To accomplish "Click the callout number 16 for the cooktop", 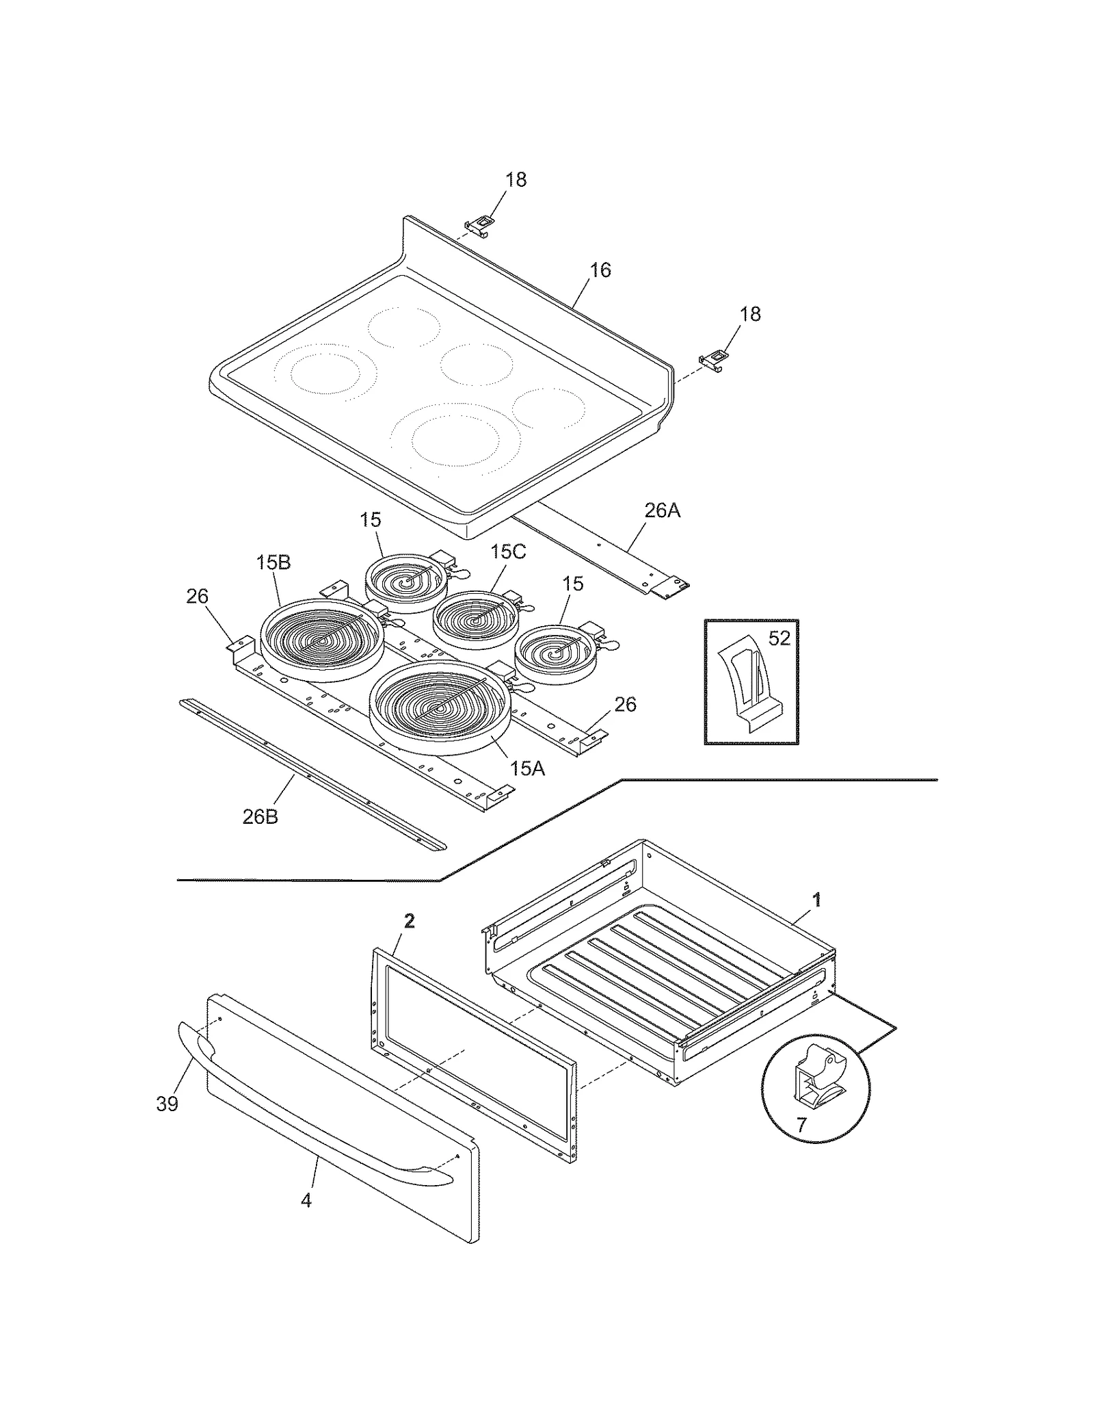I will click(600, 270).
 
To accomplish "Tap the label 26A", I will click(662, 510).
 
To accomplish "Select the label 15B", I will click(273, 562).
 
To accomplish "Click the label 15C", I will click(507, 552).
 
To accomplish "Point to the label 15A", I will click(527, 768).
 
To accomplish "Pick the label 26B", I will click(261, 816).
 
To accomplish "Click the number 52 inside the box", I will click(779, 638).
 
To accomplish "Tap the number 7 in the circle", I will click(801, 1123).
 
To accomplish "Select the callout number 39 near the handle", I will click(168, 1104).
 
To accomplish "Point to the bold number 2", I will click(409, 922).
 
